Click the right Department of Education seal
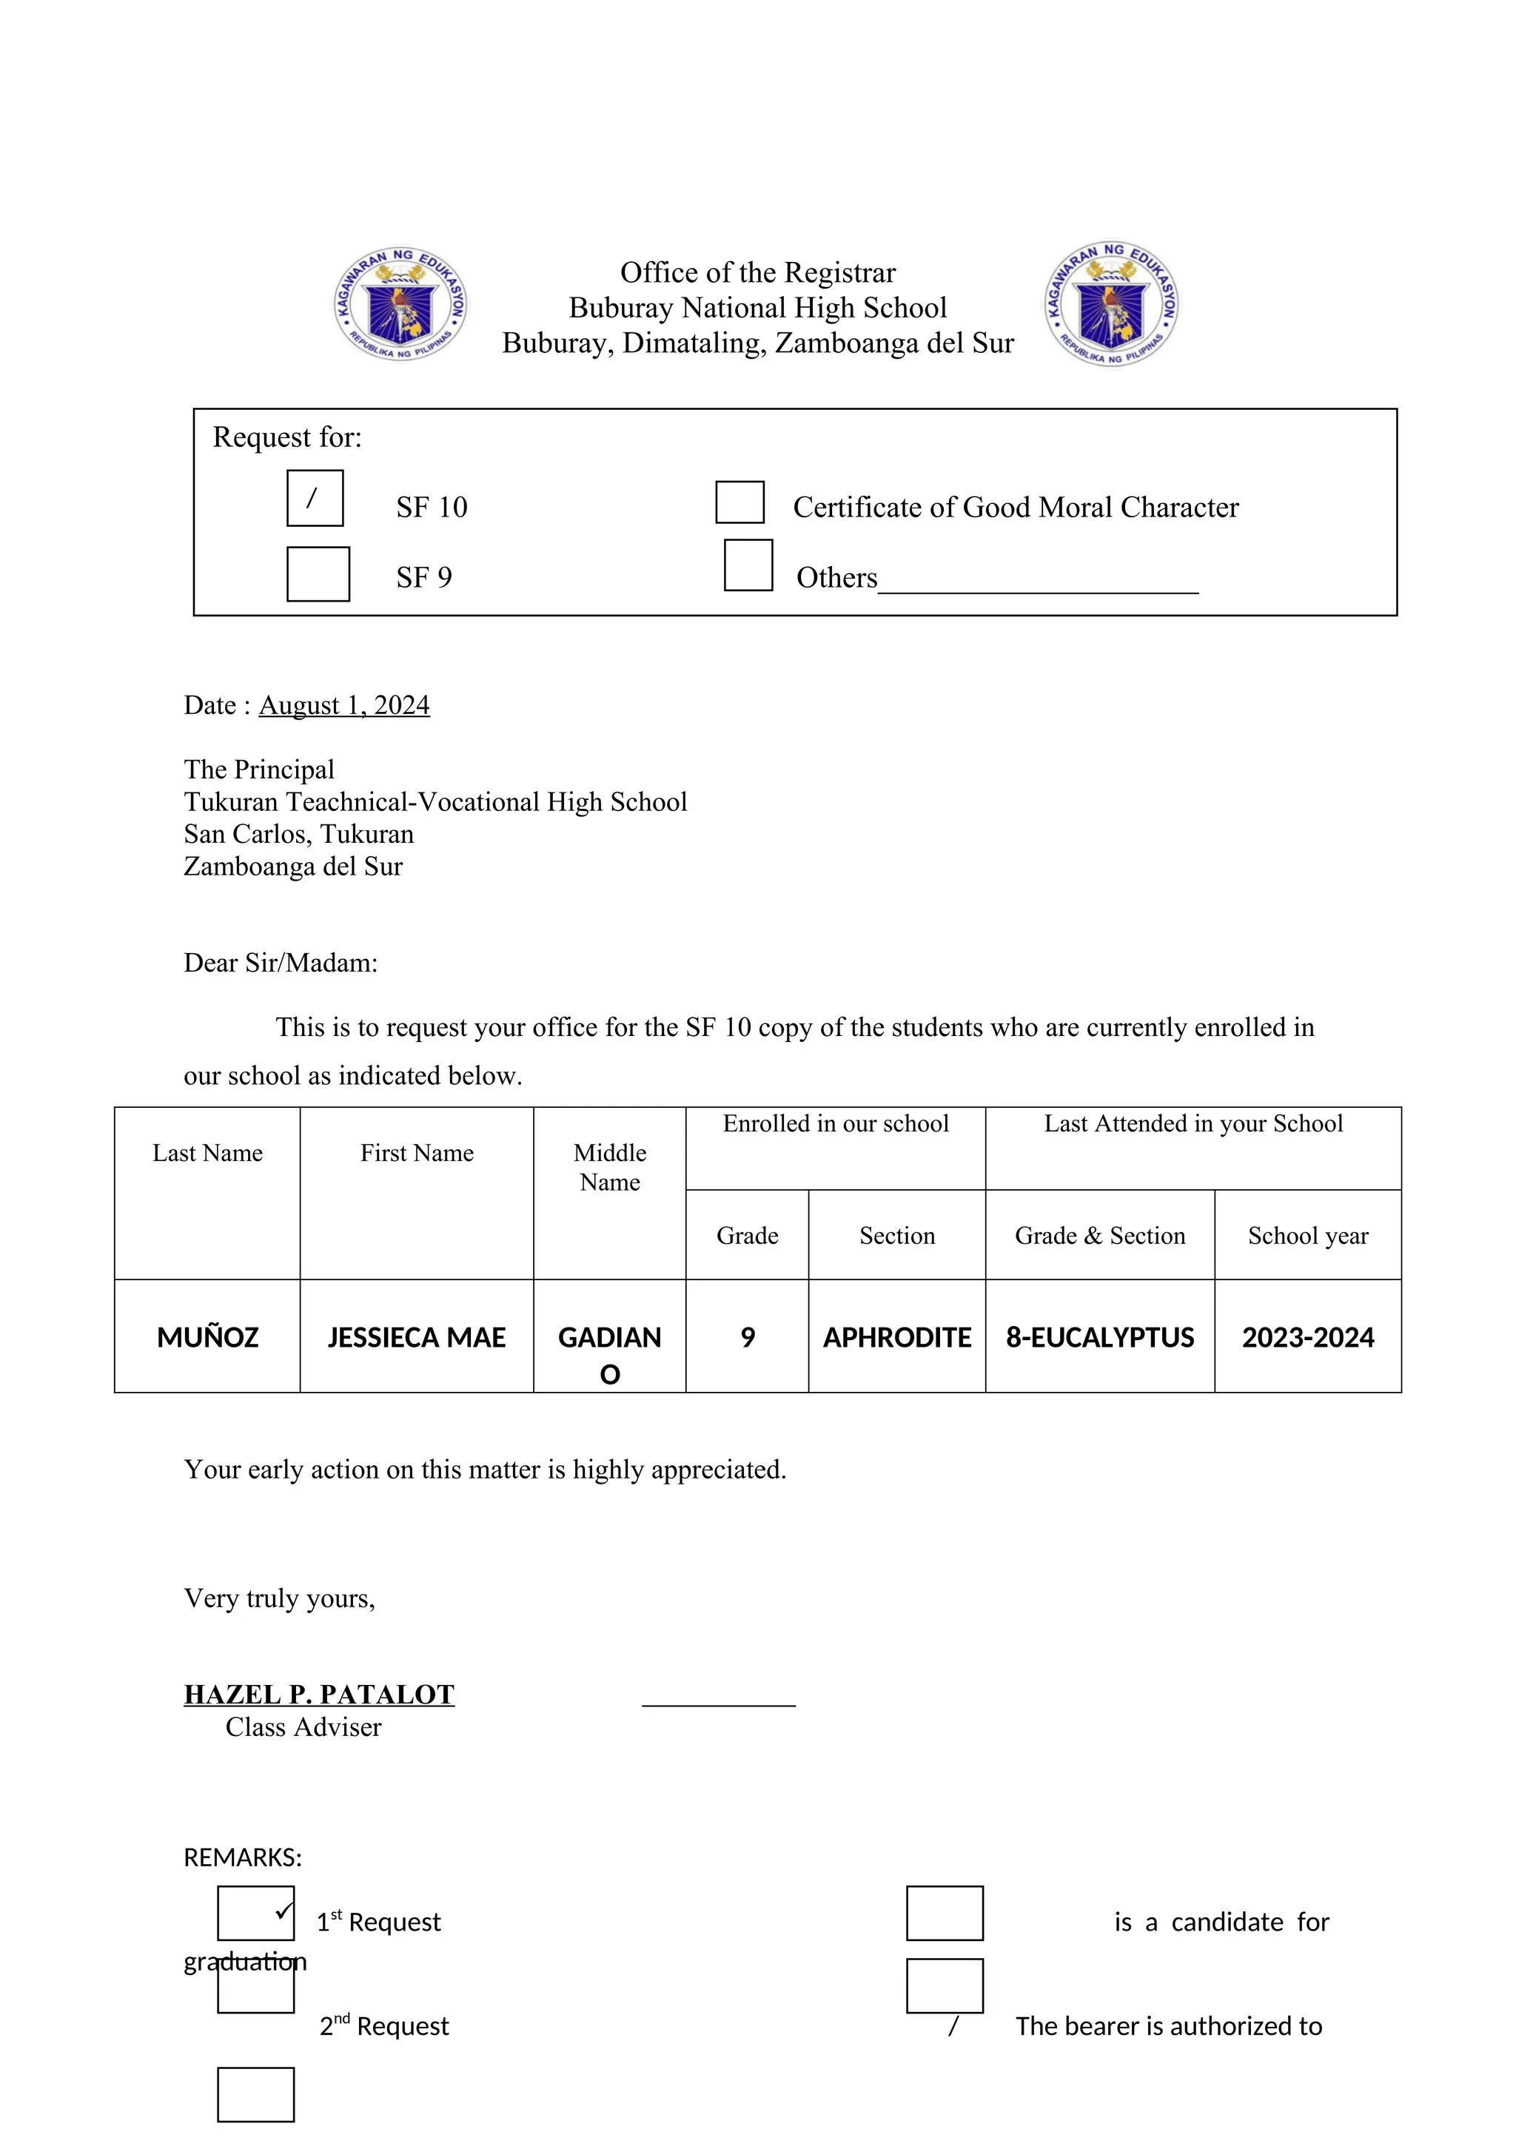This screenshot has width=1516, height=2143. [1111, 303]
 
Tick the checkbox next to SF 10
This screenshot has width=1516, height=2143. [315, 499]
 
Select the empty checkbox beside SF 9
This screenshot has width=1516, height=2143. [318, 574]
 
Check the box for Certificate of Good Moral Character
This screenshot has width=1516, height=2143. [739, 502]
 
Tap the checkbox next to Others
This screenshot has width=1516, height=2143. [748, 565]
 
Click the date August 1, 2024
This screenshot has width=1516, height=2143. [343, 706]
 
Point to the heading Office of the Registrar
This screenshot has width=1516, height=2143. [757, 272]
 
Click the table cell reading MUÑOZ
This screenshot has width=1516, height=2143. [207, 1337]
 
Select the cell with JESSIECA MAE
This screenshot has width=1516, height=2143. [416, 1337]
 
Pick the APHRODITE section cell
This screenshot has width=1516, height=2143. [896, 1337]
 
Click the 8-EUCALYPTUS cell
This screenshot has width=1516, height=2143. [1100, 1337]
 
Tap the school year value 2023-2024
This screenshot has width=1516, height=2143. [1307, 1337]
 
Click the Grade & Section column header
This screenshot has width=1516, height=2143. [1100, 1236]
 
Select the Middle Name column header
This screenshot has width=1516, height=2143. [609, 1167]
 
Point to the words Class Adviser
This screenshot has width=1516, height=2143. [303, 1728]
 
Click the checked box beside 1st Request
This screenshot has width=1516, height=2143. [256, 1914]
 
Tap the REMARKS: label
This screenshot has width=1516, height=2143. [243, 1857]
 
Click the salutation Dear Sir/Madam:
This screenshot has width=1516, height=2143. [281, 963]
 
